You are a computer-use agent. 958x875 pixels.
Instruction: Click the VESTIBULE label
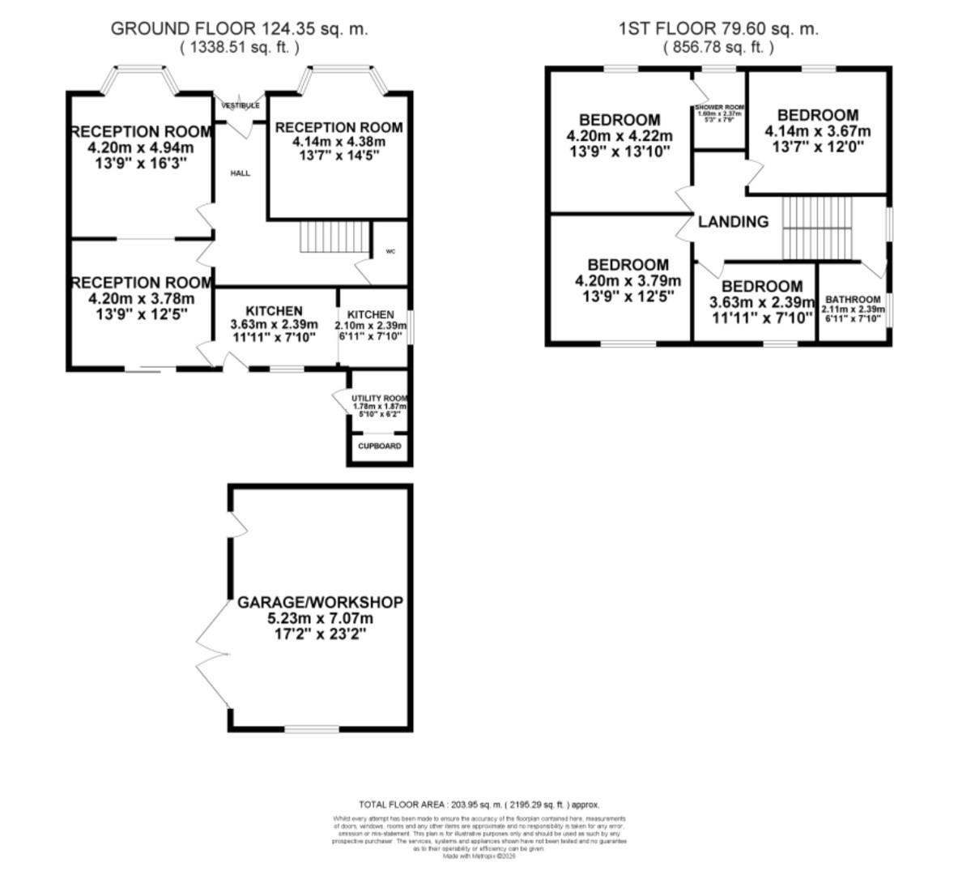[241, 105]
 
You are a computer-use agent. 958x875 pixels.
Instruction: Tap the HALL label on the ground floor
[241, 173]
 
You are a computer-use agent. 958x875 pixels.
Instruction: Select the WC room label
[390, 252]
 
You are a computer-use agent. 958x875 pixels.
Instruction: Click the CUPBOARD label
[380, 446]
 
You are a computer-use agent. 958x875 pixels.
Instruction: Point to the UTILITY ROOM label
[379, 399]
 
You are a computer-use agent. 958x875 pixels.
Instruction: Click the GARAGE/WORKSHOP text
[320, 603]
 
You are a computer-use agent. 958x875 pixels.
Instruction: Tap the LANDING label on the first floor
[733, 221]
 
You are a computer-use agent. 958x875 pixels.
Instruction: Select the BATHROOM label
[853, 299]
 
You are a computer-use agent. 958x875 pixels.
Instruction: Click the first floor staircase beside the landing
[817, 228]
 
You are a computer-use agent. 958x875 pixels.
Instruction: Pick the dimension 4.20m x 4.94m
[142, 147]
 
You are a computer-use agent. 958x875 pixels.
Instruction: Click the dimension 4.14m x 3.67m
[817, 131]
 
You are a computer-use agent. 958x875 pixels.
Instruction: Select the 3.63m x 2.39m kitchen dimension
[274, 324]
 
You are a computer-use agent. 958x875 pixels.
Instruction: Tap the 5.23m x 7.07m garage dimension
[320, 618]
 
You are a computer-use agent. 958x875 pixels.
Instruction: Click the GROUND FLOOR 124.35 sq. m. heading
[239, 29]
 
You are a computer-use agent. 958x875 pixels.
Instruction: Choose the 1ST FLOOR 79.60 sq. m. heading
[718, 29]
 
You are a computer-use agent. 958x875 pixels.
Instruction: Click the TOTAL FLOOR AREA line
[479, 805]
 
